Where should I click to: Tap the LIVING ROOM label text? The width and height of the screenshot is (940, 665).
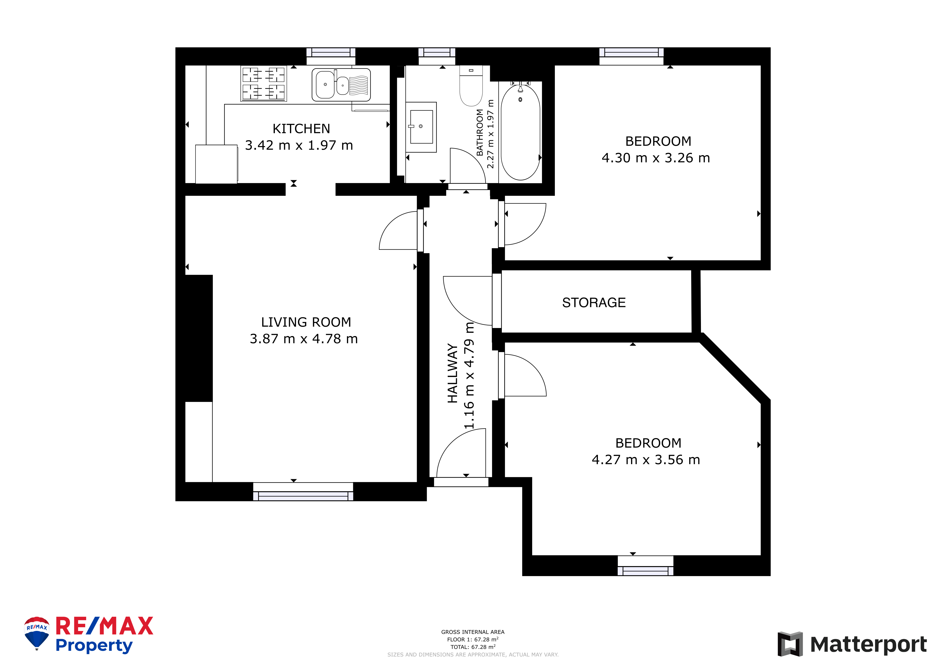pyautogui.click(x=306, y=322)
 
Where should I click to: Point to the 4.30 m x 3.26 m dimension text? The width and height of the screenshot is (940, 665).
pyautogui.click(x=656, y=158)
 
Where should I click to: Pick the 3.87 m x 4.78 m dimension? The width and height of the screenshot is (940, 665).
pyautogui.click(x=304, y=339)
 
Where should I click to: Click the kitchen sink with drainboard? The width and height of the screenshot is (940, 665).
pyautogui.click(x=341, y=85)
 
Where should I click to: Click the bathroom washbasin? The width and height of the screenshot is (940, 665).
pyautogui.click(x=421, y=127)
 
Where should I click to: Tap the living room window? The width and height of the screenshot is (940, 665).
pyautogui.click(x=303, y=492)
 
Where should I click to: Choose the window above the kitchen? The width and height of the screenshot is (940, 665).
pyautogui.click(x=331, y=56)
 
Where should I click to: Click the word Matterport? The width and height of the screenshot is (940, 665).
pyautogui.click(x=868, y=645)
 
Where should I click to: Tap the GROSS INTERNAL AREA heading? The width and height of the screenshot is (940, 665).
pyautogui.click(x=473, y=632)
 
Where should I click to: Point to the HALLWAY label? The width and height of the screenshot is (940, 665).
pyautogui.click(x=452, y=374)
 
